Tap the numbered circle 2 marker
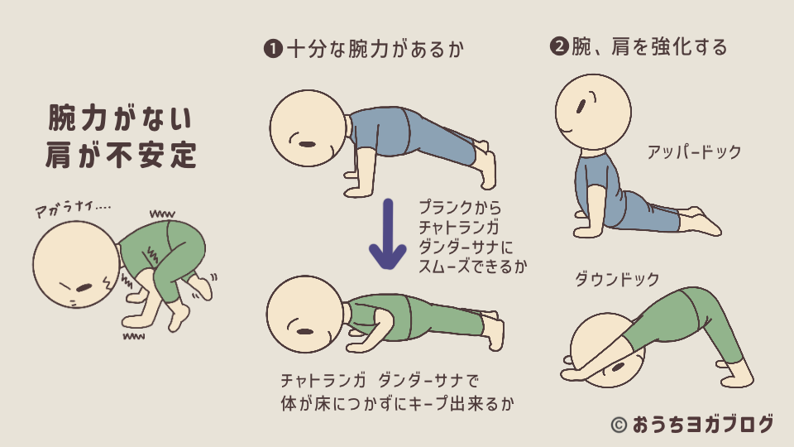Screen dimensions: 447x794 pos(558,47)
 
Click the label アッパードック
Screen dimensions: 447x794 pos(694,152)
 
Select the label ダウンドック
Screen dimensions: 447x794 pos(617,280)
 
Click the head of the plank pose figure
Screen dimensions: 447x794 pos(306,127)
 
